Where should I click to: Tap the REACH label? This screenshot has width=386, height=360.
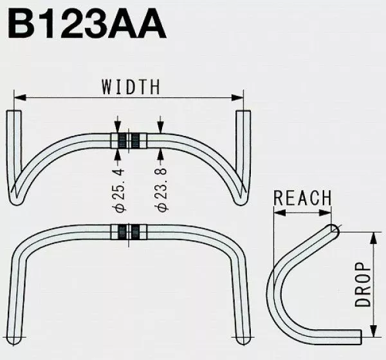302,197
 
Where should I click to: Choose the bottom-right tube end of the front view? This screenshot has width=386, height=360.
240,338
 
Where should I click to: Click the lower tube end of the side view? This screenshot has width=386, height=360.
365,336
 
